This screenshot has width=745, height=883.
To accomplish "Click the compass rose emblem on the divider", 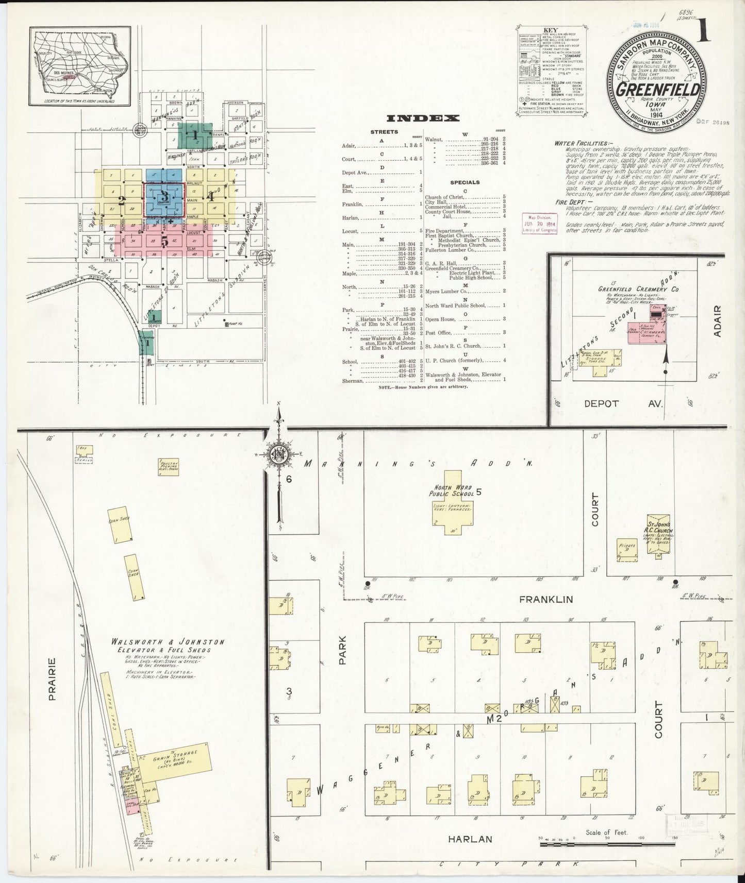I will click(x=279, y=455).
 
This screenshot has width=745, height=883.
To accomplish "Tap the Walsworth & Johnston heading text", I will click(x=168, y=642).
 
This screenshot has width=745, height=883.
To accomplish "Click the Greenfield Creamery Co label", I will click(x=638, y=289).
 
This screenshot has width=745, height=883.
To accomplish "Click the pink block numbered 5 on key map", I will click(x=164, y=241).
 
